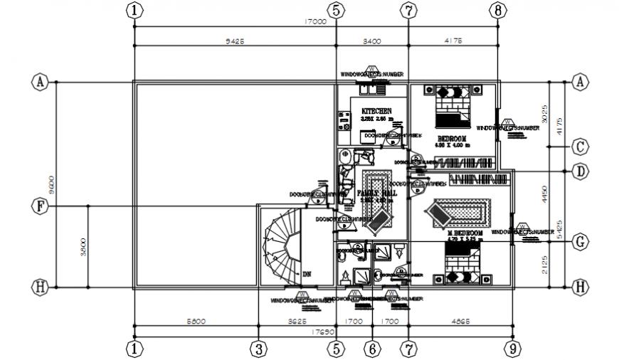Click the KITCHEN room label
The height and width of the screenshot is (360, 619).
pyautogui.click(x=376, y=112)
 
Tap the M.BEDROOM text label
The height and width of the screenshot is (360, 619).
pyautogui.click(x=465, y=233)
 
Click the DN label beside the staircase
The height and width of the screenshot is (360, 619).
pyautogui.click(x=307, y=273)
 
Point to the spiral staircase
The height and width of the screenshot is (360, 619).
pyautogui.click(x=280, y=249)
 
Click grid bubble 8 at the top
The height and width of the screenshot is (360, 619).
pyautogui.click(x=497, y=11)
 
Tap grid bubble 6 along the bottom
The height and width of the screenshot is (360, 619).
pyautogui.click(x=372, y=349)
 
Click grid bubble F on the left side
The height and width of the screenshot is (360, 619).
pyautogui.click(x=41, y=206)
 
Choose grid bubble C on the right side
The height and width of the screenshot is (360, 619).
pyautogui.click(x=580, y=147)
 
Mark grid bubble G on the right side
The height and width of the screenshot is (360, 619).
pyautogui.click(x=580, y=241)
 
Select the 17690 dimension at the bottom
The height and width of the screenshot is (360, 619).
pyautogui.click(x=323, y=332)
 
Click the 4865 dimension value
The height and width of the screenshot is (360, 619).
pyautogui.click(x=461, y=322)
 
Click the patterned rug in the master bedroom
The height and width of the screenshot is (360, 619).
pyautogui.click(x=461, y=211)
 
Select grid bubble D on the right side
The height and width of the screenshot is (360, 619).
pyautogui.click(x=580, y=171)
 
